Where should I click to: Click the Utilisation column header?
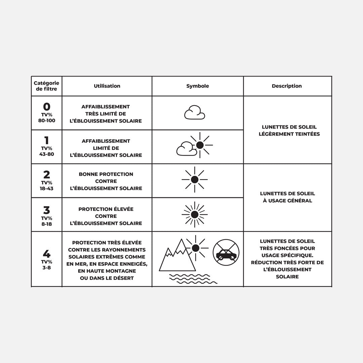click(x=107, y=86)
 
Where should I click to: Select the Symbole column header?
click(x=198, y=86)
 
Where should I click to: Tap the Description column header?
click(x=287, y=86)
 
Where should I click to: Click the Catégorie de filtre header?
click(x=46, y=86)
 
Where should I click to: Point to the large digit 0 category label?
click(x=47, y=107)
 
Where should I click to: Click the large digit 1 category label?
click(x=47, y=140)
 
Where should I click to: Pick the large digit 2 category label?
click(x=47, y=175)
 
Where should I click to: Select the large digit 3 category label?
click(x=47, y=210)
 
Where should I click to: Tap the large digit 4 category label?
click(x=47, y=253)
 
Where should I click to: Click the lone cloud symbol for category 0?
click(x=195, y=113)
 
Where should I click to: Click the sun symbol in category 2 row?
click(x=195, y=180)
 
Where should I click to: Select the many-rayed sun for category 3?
click(x=195, y=214)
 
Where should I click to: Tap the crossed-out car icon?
click(x=226, y=252)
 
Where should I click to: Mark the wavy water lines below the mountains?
click(x=192, y=279)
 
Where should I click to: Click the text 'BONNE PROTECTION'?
click(x=106, y=174)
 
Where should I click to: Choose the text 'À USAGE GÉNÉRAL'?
click(x=287, y=201)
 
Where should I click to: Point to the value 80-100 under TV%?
click(x=47, y=120)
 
